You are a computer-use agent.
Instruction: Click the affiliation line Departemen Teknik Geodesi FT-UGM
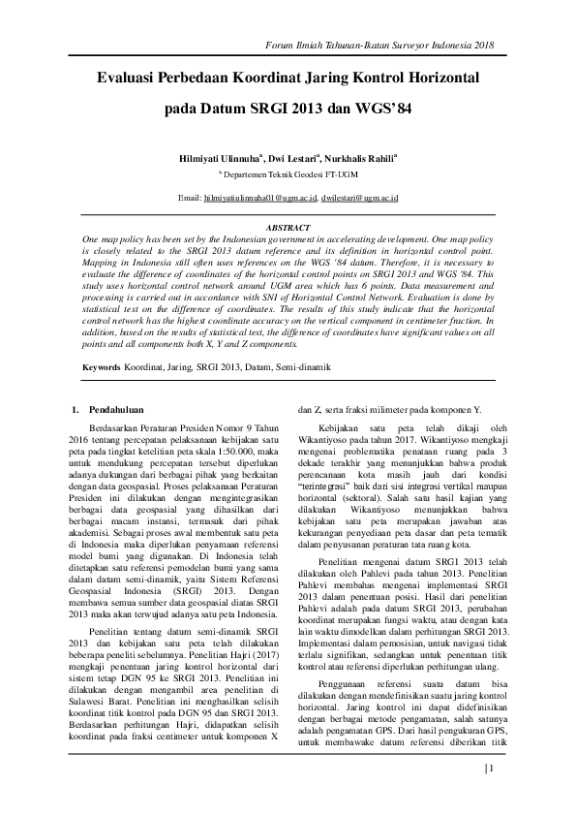(x=288, y=172)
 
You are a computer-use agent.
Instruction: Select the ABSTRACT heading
(x=288, y=227)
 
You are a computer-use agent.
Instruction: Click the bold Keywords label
(x=101, y=368)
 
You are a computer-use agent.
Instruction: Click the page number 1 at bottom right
(x=491, y=769)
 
